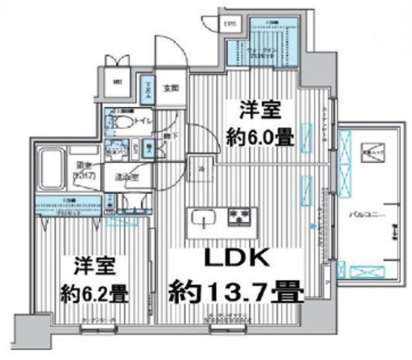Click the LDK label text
[x=235, y=258]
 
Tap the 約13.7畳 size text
[x=236, y=293]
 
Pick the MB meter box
[x=117, y=82]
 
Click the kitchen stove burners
[x=240, y=216]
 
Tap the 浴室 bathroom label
[x=83, y=169]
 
